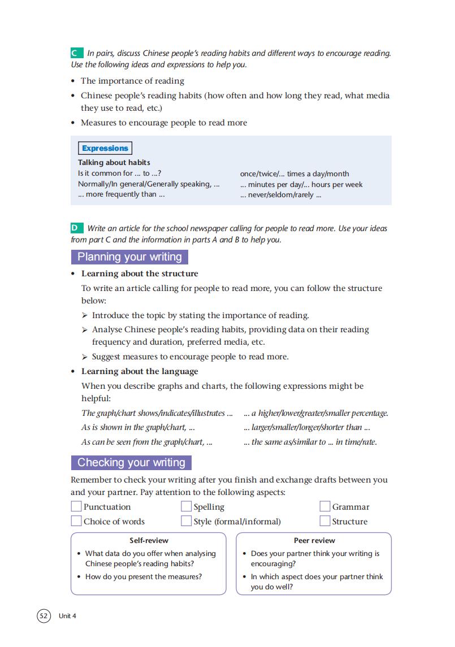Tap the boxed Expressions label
(105, 149)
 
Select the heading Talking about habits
(114, 163)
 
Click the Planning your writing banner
(129, 257)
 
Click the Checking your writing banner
(131, 463)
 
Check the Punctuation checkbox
(76, 507)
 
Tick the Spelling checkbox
(187, 507)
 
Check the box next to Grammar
(325, 507)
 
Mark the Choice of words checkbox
(76, 522)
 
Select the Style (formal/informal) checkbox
(187, 522)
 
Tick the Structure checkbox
(325, 522)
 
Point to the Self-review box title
(149, 541)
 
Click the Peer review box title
(314, 541)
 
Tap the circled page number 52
(44, 616)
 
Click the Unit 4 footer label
(67, 616)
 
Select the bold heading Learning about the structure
(140, 274)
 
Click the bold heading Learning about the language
(140, 372)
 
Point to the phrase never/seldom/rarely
(280, 196)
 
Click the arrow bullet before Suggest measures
(85, 357)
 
